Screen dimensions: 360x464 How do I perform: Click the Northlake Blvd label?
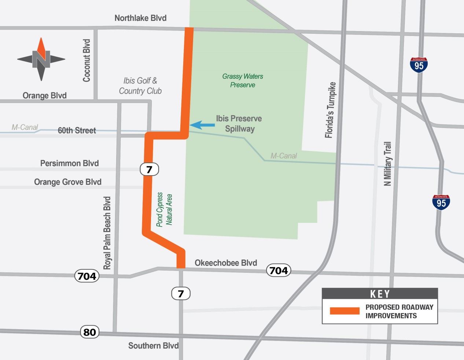[140, 18]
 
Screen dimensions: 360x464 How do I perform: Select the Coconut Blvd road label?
[86, 60]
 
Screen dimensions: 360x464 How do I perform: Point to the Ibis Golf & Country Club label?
[140, 86]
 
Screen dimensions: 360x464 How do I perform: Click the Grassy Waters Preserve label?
[243, 81]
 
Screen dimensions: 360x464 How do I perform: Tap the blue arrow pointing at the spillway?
[202, 125]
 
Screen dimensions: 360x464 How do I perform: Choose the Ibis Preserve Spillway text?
[239, 124]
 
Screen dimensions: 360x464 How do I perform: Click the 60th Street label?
[77, 131]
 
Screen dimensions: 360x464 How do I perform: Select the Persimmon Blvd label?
[69, 163]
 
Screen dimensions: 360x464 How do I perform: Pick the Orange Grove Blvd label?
[68, 182]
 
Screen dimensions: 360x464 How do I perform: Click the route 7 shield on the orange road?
[149, 169]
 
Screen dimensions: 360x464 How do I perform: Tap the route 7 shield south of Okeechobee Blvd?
[181, 293]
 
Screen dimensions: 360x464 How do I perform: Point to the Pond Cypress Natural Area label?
[164, 209]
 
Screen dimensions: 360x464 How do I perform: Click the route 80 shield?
[90, 332]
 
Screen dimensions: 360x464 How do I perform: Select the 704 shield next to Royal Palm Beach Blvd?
[87, 276]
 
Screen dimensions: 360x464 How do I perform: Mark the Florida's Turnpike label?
[330, 110]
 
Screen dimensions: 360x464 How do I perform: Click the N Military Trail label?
[387, 164]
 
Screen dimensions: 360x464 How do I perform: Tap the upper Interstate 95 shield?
[419, 65]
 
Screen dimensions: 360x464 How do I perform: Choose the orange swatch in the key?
[345, 311]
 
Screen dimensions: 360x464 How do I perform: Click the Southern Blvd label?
[153, 346]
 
